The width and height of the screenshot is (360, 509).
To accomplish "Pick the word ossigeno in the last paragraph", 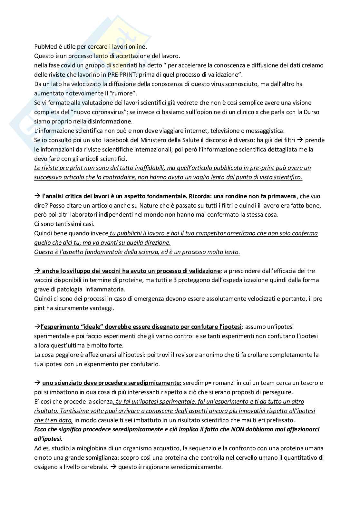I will click(46, 467).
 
